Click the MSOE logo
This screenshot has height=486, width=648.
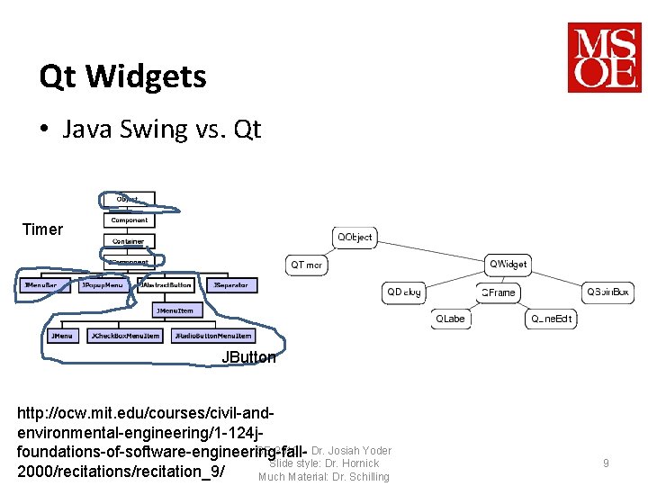pos(604,58)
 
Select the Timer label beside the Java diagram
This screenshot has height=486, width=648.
pos(43,229)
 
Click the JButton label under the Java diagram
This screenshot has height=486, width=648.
pos(248,357)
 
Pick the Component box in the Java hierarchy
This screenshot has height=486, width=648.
pos(130,220)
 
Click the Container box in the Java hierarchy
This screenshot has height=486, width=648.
pos(129,241)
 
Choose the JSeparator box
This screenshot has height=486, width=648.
pos(231,285)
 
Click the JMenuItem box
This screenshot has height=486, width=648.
pos(175,310)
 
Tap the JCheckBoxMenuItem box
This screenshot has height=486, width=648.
pos(125,336)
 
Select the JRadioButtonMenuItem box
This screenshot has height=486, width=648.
pos(213,336)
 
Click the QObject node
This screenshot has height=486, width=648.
pos(354,237)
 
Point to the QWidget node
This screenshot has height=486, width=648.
pos(508,264)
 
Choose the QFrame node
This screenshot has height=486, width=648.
pos(498,292)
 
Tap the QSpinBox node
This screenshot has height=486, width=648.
pos(608,292)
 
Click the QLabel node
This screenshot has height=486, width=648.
pos(450,319)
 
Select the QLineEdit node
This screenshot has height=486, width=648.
pos(551,319)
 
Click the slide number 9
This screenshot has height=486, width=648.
pos(606,463)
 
